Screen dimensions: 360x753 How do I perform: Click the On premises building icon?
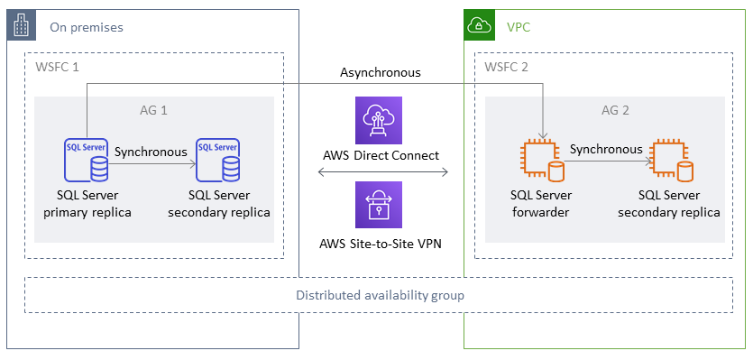(x=22, y=25)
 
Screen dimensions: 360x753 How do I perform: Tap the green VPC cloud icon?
(x=479, y=25)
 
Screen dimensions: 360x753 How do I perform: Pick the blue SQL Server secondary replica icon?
(x=218, y=160)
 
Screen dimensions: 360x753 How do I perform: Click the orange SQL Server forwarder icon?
(x=539, y=161)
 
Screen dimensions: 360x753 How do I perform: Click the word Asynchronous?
(x=380, y=72)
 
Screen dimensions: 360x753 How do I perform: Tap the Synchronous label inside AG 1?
(x=151, y=152)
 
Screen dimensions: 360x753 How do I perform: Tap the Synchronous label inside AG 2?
(x=606, y=149)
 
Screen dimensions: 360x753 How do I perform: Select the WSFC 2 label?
(x=507, y=69)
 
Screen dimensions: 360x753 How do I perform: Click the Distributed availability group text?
(x=380, y=295)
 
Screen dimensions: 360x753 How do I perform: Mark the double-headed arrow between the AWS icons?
(x=380, y=172)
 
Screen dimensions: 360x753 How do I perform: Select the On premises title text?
(x=87, y=27)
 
